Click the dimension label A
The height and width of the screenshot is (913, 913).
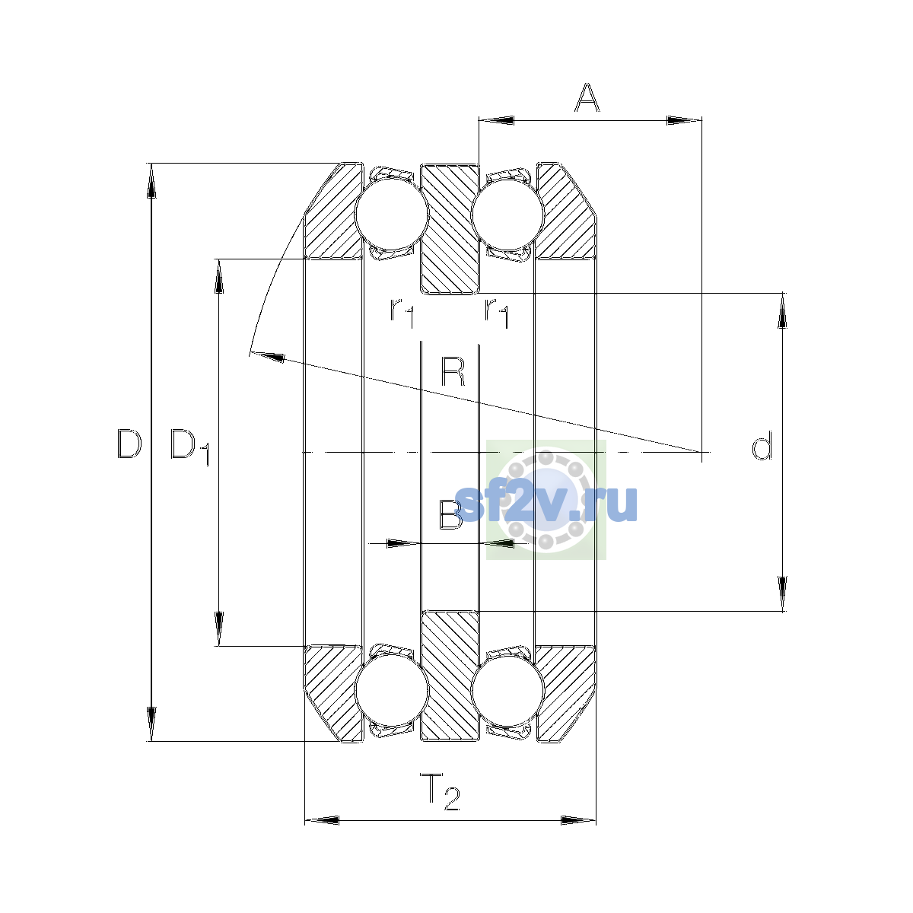[x=587, y=97]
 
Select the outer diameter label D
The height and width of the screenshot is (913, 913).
[x=129, y=444]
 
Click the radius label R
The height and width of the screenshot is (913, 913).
[x=453, y=371]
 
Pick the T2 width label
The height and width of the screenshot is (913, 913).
[x=441, y=791]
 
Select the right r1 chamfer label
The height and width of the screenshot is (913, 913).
[x=497, y=313]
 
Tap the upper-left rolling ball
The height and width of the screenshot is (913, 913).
[x=391, y=214]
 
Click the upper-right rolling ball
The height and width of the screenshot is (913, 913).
[x=508, y=214]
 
